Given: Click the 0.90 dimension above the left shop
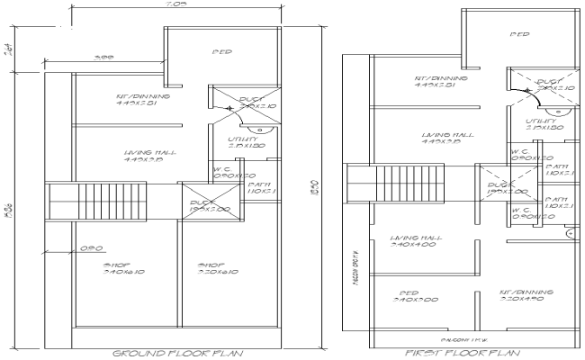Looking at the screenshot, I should tap(89, 247).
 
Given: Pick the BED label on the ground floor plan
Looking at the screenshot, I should tap(223, 51).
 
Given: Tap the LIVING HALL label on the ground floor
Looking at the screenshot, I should tap(143, 154).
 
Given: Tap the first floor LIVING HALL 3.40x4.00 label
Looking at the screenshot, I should tap(415, 238).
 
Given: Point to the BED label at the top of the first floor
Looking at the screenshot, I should tap(519, 35).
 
